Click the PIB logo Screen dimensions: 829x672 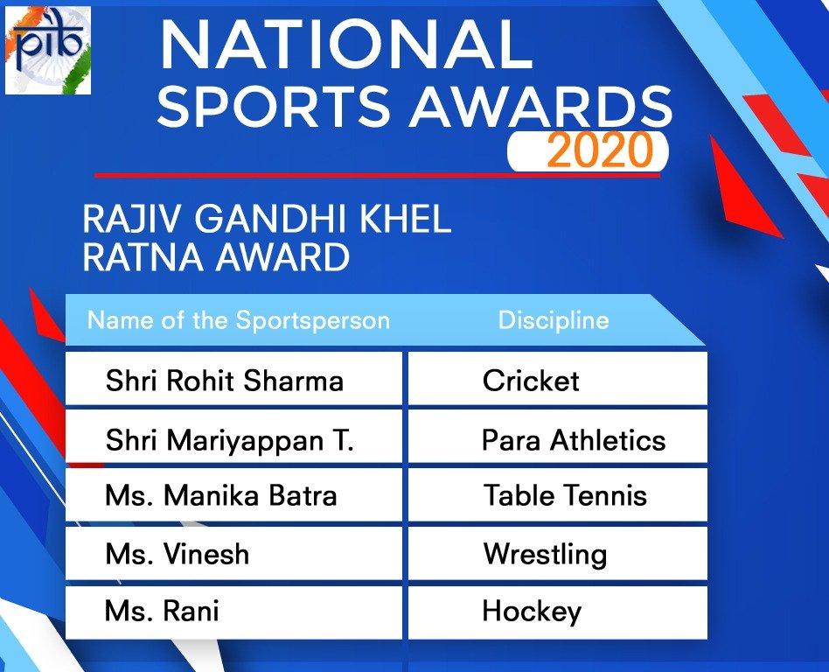click(x=47, y=51)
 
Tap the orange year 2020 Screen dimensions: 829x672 click(x=600, y=150)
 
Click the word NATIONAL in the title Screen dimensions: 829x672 click(x=346, y=45)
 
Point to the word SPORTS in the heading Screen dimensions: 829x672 click(x=274, y=105)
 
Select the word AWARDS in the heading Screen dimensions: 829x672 click(x=543, y=105)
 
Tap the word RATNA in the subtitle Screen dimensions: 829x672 click(x=143, y=257)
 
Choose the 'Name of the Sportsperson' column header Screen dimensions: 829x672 click(x=239, y=320)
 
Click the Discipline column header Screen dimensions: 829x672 click(x=554, y=320)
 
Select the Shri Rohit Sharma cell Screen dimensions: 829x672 click(x=233, y=380)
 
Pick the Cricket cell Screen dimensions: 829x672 click(x=558, y=380)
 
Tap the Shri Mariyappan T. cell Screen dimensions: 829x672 click(x=233, y=438)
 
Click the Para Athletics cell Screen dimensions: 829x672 click(x=558, y=438)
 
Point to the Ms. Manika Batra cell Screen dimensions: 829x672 click(x=233, y=495)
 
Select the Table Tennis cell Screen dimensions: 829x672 click(x=558, y=495)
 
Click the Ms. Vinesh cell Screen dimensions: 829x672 click(x=233, y=554)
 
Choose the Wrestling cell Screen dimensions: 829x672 click(x=558, y=554)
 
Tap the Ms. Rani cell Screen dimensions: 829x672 click(x=233, y=612)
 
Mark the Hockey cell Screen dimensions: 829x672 click(x=558, y=612)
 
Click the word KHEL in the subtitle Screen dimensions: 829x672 click(x=406, y=218)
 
